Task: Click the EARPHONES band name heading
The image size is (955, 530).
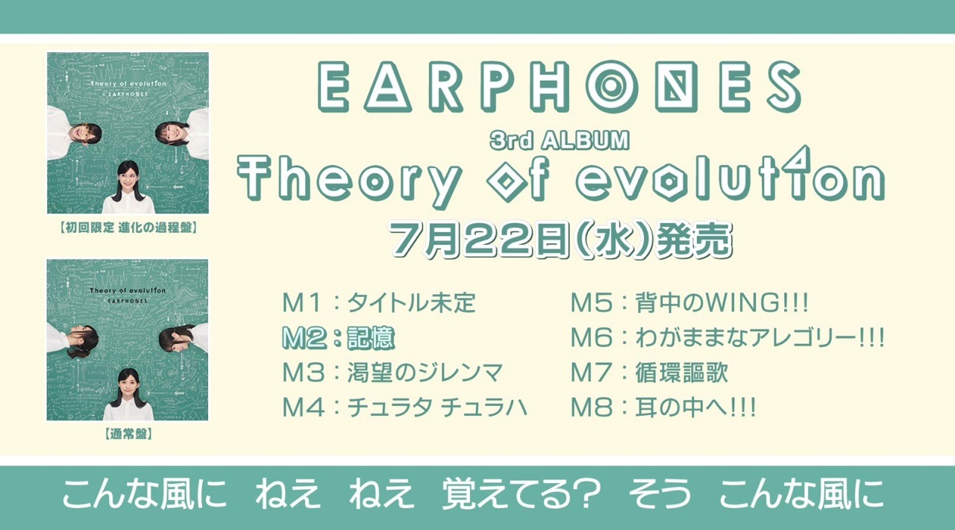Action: pyautogui.click(x=560, y=88)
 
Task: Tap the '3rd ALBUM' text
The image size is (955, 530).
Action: pyautogui.click(x=560, y=140)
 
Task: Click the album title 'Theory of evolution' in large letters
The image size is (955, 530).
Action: pyautogui.click(x=560, y=179)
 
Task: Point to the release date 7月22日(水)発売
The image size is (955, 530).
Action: pyautogui.click(x=560, y=239)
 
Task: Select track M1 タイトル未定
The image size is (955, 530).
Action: pyautogui.click(x=379, y=303)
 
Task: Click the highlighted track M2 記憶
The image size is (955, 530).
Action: pyautogui.click(x=338, y=338)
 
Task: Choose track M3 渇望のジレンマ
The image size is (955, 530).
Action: pyautogui.click(x=392, y=372)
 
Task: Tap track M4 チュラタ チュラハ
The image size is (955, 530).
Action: pyautogui.click(x=404, y=408)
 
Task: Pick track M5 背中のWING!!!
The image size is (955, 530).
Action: pyautogui.click(x=689, y=303)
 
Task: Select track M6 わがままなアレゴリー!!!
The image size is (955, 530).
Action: pyautogui.click(x=727, y=338)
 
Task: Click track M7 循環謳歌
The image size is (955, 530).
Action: pyautogui.click(x=649, y=372)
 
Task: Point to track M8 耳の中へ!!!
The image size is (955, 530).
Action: pyautogui.click(x=663, y=408)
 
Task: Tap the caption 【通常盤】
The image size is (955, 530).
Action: pyautogui.click(x=128, y=432)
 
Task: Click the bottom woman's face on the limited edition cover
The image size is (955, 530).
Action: pyautogui.click(x=128, y=178)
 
